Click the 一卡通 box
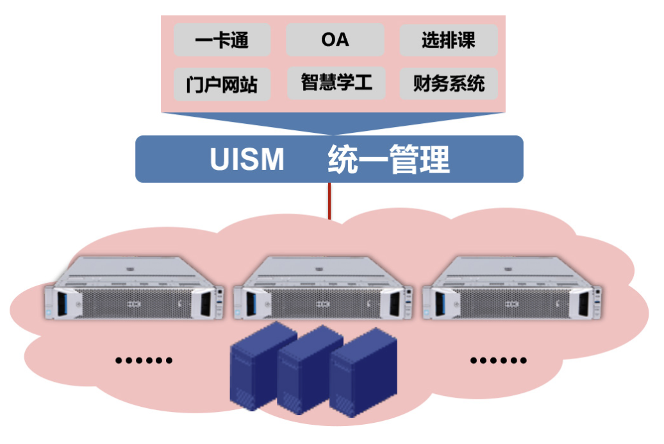pyautogui.click(x=222, y=40)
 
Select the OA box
pyautogui.click(x=335, y=40)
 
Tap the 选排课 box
pyautogui.click(x=448, y=40)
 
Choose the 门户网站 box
pyautogui.click(x=222, y=84)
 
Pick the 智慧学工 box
pyautogui.click(x=336, y=83)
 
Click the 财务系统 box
pyautogui.click(x=448, y=83)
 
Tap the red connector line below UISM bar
pyautogui.click(x=329, y=201)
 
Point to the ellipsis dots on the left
pyautogui.click(x=144, y=361)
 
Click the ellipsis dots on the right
pyautogui.click(x=499, y=361)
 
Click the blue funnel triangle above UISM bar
pyautogui.click(x=331, y=123)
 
